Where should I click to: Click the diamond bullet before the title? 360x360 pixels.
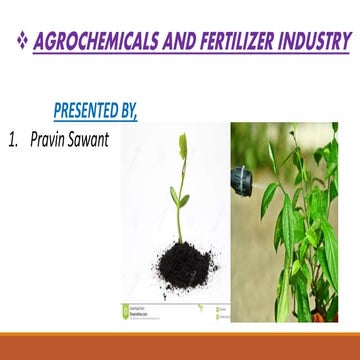[x=20, y=42]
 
